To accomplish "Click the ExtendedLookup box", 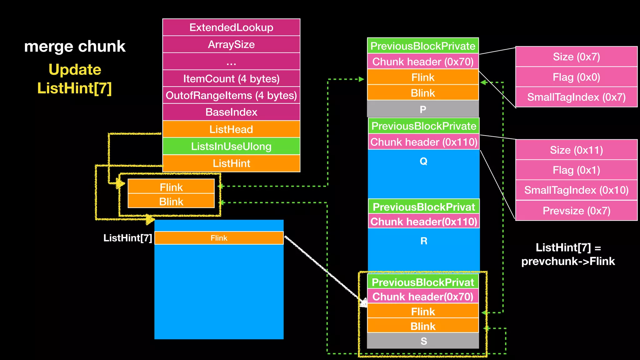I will (231, 27).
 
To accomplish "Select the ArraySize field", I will (231, 44).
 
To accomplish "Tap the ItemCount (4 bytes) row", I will (231, 78).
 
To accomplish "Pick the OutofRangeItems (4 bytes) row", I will (231, 95).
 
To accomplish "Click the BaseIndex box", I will (231, 112).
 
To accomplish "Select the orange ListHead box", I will (231, 129).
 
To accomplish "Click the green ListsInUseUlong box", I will (231, 146).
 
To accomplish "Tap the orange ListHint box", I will (231, 163).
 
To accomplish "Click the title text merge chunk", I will (75, 46).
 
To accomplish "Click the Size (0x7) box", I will (576, 57).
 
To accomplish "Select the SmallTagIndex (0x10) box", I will (576, 190).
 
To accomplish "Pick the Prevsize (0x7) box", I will (576, 211).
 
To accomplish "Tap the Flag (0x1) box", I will (576, 170).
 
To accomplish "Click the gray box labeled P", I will (423, 109).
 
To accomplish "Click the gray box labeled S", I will (423, 341).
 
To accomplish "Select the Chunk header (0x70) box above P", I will (423, 62).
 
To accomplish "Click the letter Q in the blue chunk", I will (423, 161).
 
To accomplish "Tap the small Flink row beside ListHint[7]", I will (219, 238).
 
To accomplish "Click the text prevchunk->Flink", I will (568, 261).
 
